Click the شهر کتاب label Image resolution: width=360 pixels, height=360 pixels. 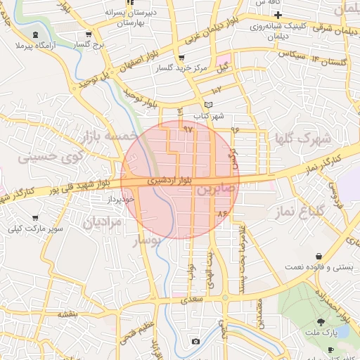pyautogui.click(x=209, y=115)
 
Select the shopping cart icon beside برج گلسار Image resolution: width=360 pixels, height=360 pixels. pyautogui.click(x=88, y=34)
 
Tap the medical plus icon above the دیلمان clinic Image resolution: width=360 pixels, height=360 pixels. pyautogui.click(x=278, y=15)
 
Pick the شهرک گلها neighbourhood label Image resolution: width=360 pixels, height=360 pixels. pyautogui.click(x=304, y=138)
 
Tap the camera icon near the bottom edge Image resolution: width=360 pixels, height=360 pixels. pyautogui.click(x=195, y=342)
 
